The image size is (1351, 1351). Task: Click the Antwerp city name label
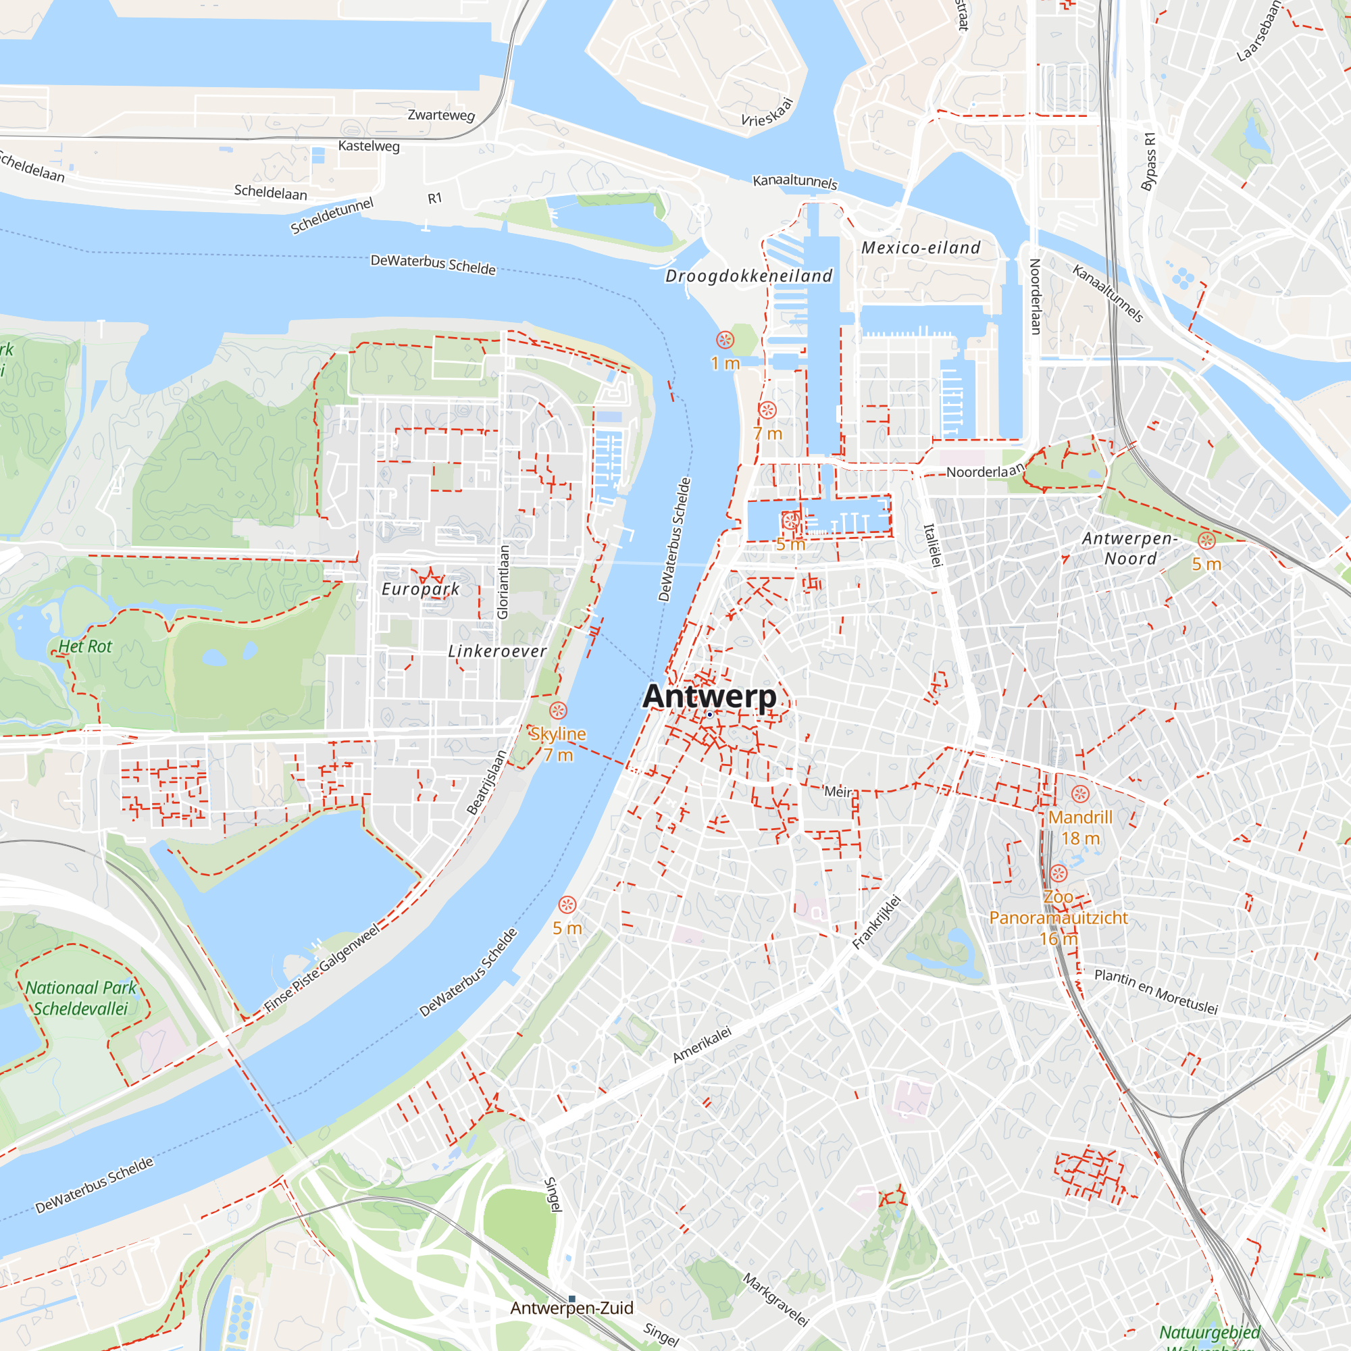click(709, 696)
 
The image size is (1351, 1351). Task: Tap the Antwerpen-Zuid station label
click(571, 1308)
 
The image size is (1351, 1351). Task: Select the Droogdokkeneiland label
click(749, 276)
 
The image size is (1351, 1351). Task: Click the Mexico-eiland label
click(920, 247)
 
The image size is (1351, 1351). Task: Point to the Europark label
click(420, 589)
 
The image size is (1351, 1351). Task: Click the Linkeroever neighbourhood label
click(497, 651)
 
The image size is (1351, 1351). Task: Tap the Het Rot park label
click(84, 646)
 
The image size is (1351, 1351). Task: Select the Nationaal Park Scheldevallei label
click(81, 998)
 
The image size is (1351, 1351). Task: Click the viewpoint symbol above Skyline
click(558, 711)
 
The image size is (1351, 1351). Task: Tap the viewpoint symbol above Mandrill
click(1080, 794)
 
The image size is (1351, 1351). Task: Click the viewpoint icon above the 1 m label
click(725, 340)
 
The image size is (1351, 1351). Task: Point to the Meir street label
click(838, 792)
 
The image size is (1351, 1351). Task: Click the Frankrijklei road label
click(876, 921)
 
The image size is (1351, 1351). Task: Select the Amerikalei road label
click(702, 1045)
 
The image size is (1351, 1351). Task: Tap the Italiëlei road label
click(933, 545)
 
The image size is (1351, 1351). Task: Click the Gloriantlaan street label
click(503, 582)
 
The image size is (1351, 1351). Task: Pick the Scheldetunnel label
click(332, 215)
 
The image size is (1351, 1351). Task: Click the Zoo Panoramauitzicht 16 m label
click(1058, 917)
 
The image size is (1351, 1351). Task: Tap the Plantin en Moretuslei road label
click(1156, 992)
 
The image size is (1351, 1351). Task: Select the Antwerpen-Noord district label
click(1130, 549)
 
